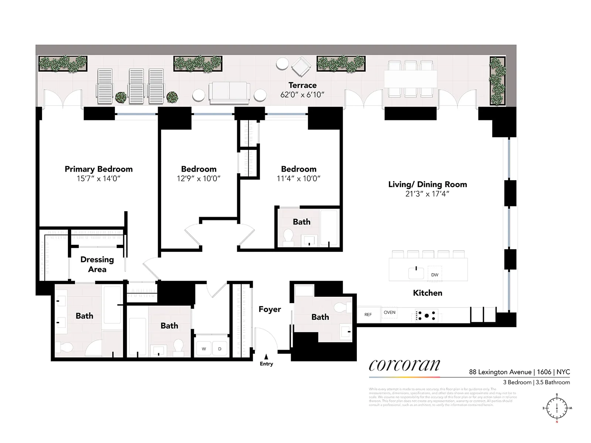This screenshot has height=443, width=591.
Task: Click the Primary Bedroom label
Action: point(98,169)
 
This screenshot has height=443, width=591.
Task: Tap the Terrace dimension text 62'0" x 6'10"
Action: point(302,95)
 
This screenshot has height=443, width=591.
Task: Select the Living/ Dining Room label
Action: point(427,184)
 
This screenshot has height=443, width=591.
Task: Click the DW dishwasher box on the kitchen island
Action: point(435,274)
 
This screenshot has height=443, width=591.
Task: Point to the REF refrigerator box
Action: point(368,315)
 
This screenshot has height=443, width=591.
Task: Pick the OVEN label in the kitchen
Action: point(389,313)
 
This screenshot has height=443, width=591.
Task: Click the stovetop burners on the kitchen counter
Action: point(427,316)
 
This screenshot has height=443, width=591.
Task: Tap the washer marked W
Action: point(204,349)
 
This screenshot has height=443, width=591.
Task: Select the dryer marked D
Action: point(220,349)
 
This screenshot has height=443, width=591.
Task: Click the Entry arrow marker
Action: point(266,357)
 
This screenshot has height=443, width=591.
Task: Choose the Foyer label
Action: point(270,309)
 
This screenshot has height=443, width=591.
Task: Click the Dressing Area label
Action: point(97,264)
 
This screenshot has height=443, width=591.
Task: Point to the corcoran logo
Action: point(404,365)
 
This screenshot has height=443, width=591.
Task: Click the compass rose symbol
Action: point(557,408)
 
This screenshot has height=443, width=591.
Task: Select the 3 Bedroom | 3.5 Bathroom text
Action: point(536,382)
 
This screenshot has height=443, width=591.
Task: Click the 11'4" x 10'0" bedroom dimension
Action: point(298,179)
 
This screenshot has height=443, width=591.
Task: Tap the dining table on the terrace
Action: point(410,79)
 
